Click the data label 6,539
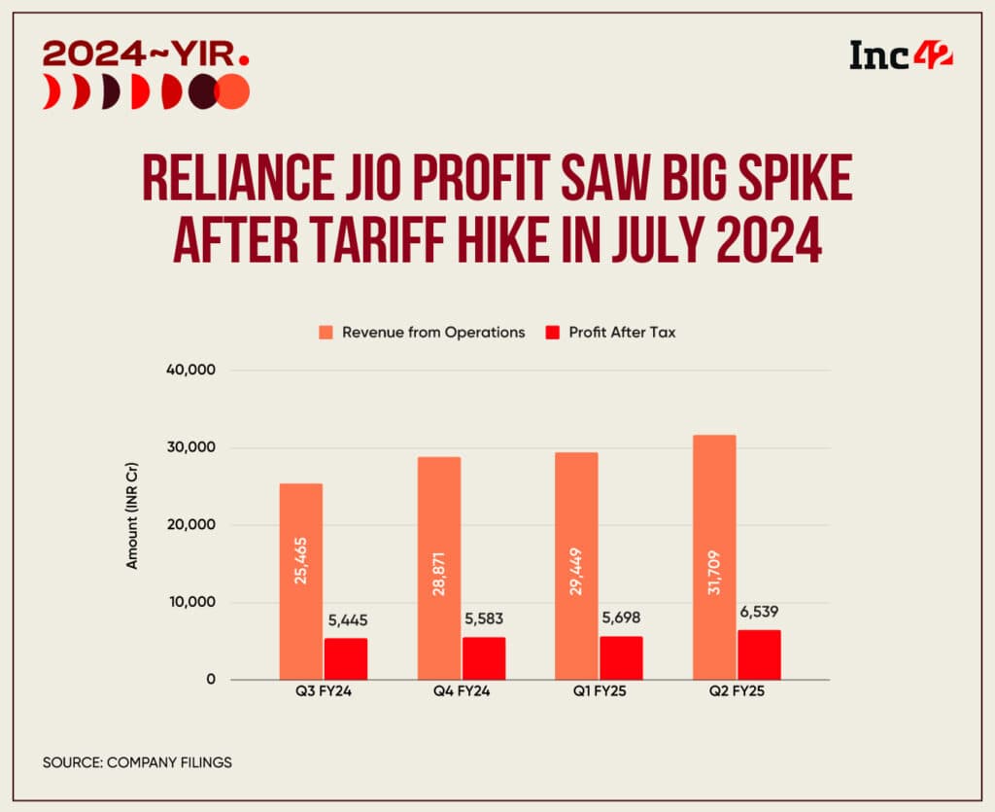pos(759,613)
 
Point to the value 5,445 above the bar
pos(346,620)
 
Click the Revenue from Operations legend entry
pos(424,332)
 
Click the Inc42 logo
pos(901,55)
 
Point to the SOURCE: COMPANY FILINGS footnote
pos(137,762)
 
